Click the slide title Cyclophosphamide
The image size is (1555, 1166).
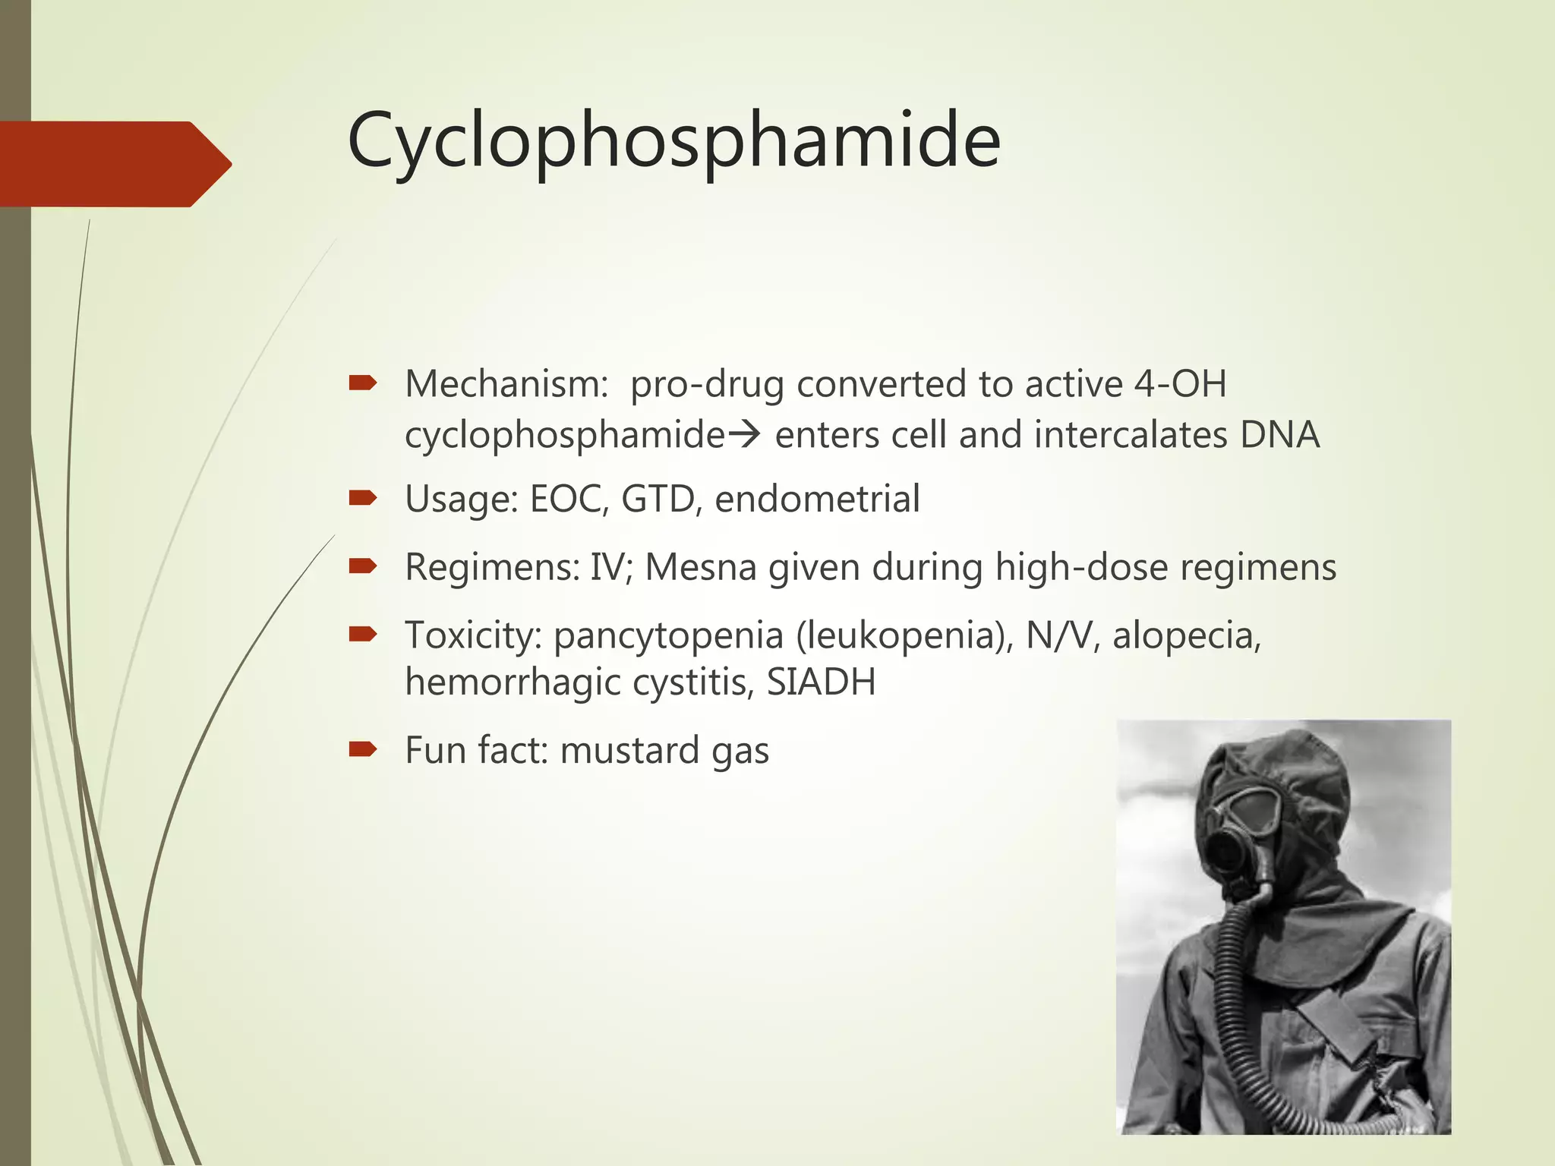click(673, 141)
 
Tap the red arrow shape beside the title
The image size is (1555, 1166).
click(114, 164)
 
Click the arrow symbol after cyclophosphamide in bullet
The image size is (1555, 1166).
click(744, 436)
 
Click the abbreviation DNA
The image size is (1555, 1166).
click(1279, 436)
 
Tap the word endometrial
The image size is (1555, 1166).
click(817, 499)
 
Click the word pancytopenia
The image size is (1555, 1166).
click(668, 636)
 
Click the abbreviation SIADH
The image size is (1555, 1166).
click(821, 682)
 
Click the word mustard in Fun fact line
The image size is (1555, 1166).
click(629, 751)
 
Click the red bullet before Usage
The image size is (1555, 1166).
click(362, 498)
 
